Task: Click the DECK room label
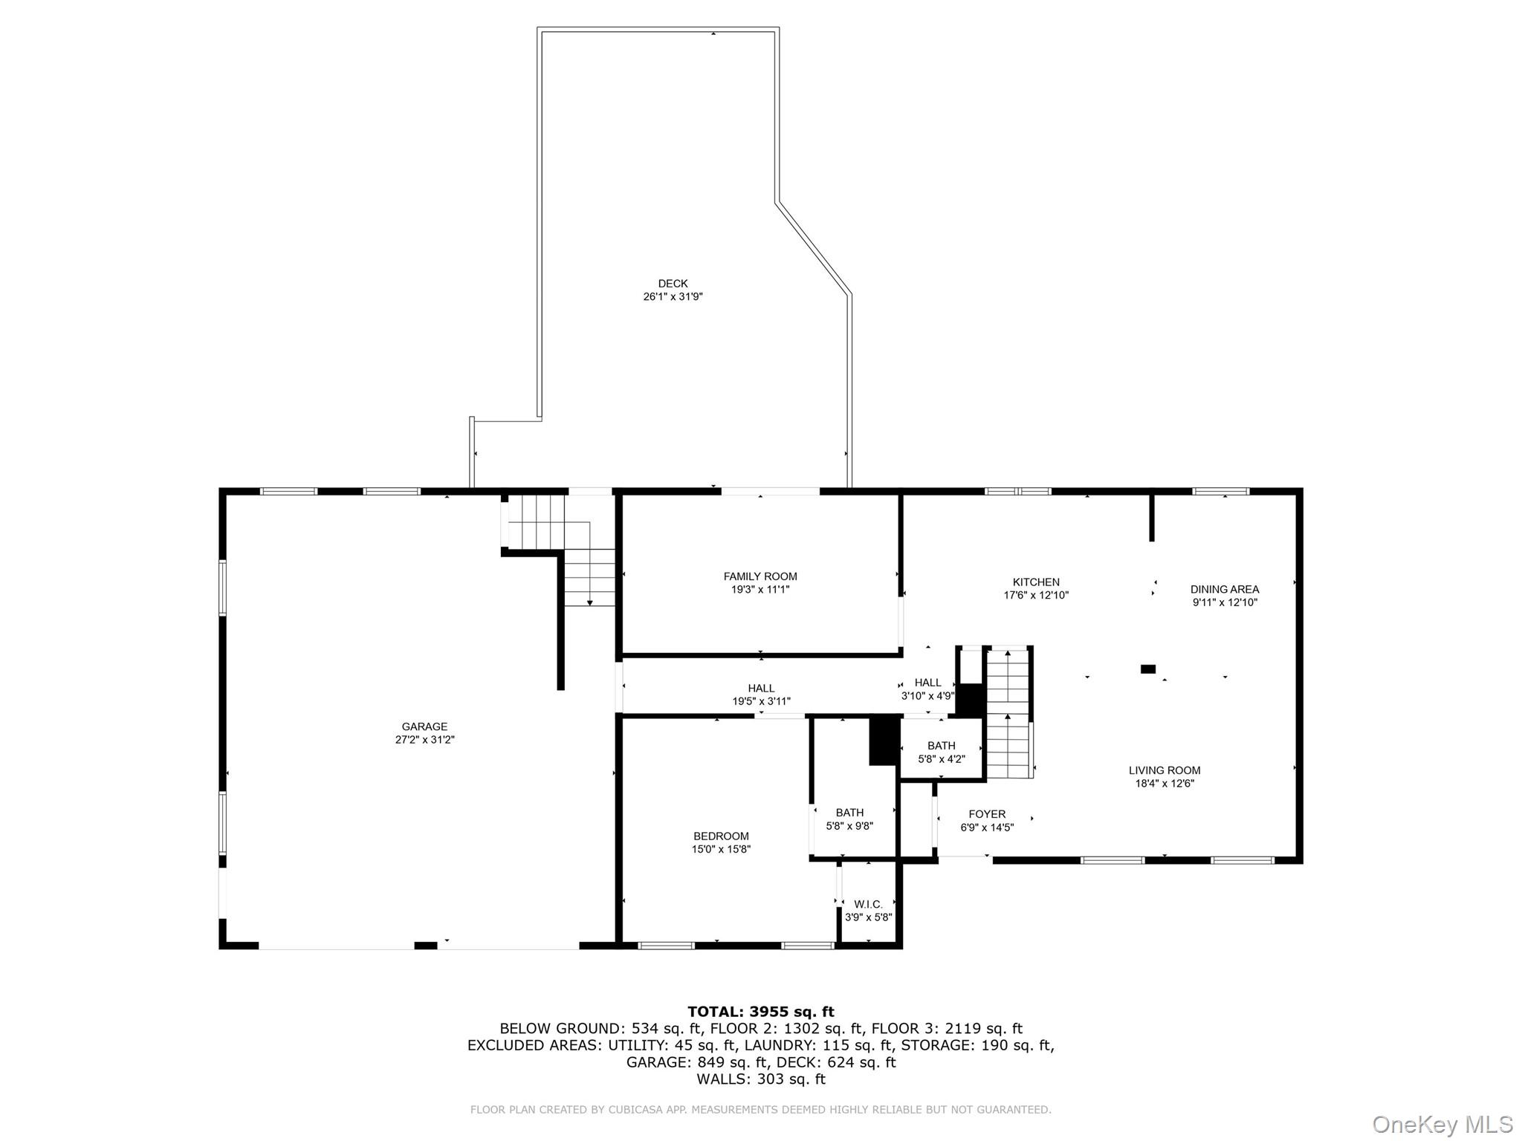click(x=673, y=284)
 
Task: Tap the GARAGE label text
click(x=424, y=726)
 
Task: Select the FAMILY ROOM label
click(x=760, y=576)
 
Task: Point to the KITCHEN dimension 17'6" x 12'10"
click(x=1035, y=595)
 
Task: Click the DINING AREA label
click(x=1224, y=589)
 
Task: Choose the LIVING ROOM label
click(x=1164, y=770)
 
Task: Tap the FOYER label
click(x=986, y=814)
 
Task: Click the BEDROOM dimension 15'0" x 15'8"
click(x=721, y=849)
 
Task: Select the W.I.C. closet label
click(x=867, y=904)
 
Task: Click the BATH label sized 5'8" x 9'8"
click(x=849, y=813)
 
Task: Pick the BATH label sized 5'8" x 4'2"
click(x=941, y=746)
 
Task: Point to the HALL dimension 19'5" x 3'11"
click(x=761, y=701)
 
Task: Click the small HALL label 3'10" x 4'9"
click(x=927, y=683)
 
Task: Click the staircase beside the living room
click(x=1008, y=713)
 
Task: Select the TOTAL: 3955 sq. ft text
click(x=760, y=1012)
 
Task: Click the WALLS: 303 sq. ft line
click(x=760, y=1079)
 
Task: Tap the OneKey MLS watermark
click(x=1442, y=1124)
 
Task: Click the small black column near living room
click(x=1147, y=669)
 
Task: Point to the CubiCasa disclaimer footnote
click(x=760, y=1110)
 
